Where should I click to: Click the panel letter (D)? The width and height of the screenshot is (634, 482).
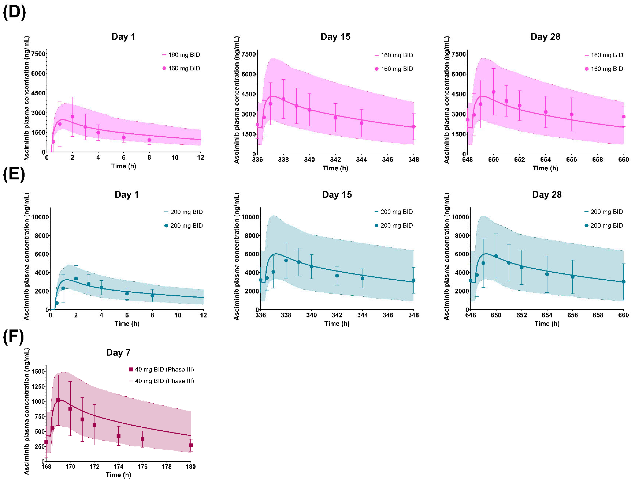click(x=14, y=12)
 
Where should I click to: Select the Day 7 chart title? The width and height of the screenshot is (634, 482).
click(x=118, y=353)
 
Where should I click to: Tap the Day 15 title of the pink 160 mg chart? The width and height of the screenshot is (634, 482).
click(x=335, y=37)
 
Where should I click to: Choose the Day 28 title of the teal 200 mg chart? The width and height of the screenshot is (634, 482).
click(x=547, y=195)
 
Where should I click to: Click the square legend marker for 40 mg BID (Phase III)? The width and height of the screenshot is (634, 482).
click(x=131, y=369)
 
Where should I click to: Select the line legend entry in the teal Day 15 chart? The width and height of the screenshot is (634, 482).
click(x=376, y=212)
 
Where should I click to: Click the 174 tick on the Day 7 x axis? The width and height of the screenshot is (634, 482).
click(x=118, y=467)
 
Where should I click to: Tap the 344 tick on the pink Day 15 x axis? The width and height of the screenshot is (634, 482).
click(x=361, y=160)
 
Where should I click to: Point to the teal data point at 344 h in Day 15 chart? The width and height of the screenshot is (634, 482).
click(x=363, y=278)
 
